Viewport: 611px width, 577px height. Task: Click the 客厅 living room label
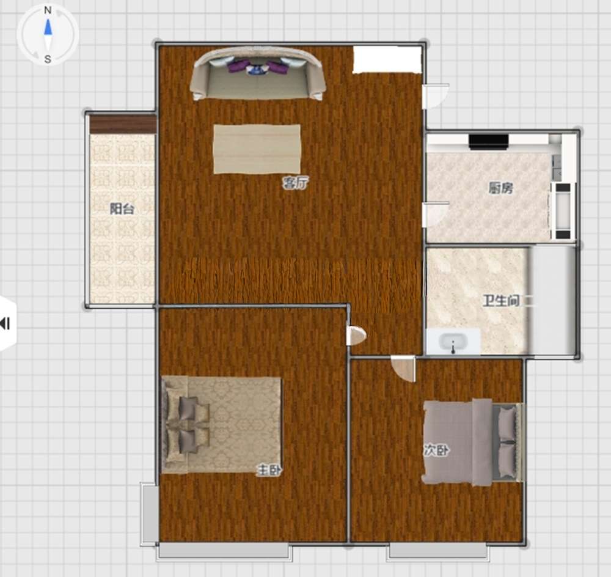pyautogui.click(x=296, y=183)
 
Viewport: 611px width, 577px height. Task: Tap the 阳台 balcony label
pyautogui.click(x=122, y=209)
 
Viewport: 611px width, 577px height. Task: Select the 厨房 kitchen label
pyautogui.click(x=501, y=188)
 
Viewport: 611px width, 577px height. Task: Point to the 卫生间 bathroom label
pyautogui.click(x=501, y=301)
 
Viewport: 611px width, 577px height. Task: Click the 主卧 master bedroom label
pyautogui.click(x=269, y=470)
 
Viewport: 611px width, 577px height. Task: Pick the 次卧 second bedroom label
pyautogui.click(x=436, y=450)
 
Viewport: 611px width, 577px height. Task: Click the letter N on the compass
pyautogui.click(x=48, y=10)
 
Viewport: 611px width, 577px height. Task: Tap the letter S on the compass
pyautogui.click(x=48, y=59)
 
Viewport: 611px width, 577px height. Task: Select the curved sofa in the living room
pyautogui.click(x=258, y=74)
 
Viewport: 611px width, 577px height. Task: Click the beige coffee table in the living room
pyautogui.click(x=257, y=149)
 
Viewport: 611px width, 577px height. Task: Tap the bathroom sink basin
pyautogui.click(x=453, y=342)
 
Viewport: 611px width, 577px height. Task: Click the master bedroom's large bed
pyautogui.click(x=221, y=425)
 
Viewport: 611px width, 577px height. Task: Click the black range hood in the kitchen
pyautogui.click(x=489, y=142)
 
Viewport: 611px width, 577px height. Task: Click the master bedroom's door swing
pyautogui.click(x=356, y=336)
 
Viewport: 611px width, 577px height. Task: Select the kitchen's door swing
pyautogui.click(x=436, y=214)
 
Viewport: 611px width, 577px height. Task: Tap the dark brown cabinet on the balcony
pyautogui.click(x=123, y=125)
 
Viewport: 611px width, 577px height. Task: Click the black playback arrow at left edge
pyautogui.click(x=5, y=323)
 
